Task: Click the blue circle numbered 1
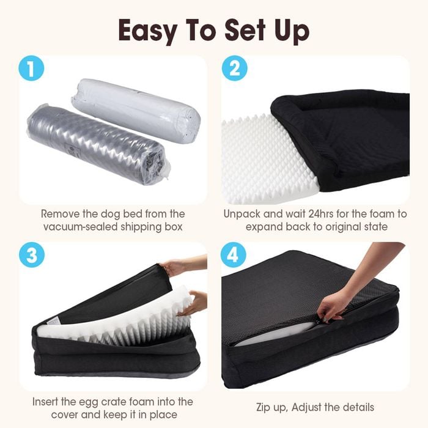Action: tap(31, 68)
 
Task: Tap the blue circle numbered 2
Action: tap(234, 68)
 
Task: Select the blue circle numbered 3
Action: tap(32, 255)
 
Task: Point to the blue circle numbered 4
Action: tap(234, 255)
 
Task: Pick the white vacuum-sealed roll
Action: tap(136, 109)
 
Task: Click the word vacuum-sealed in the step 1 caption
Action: tap(81, 227)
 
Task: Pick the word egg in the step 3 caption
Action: tap(89, 402)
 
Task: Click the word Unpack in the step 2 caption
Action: tap(242, 215)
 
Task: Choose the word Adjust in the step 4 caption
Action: tap(307, 408)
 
